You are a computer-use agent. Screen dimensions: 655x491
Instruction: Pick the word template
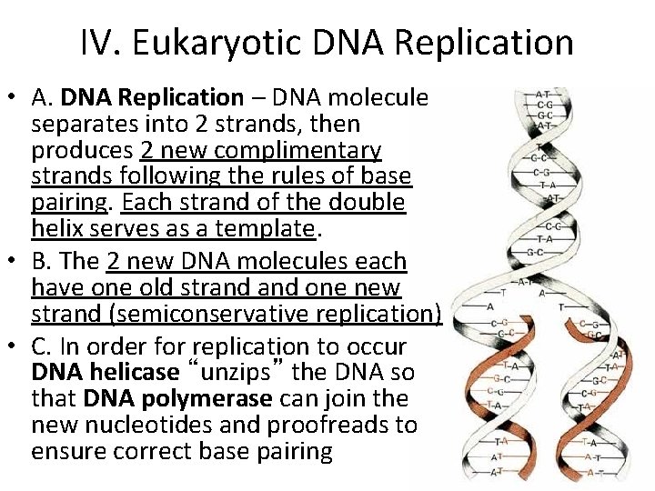tap(268, 227)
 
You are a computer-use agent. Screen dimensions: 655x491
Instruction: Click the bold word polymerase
tap(222, 398)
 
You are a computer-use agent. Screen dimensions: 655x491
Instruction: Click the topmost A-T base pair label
tap(542, 95)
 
